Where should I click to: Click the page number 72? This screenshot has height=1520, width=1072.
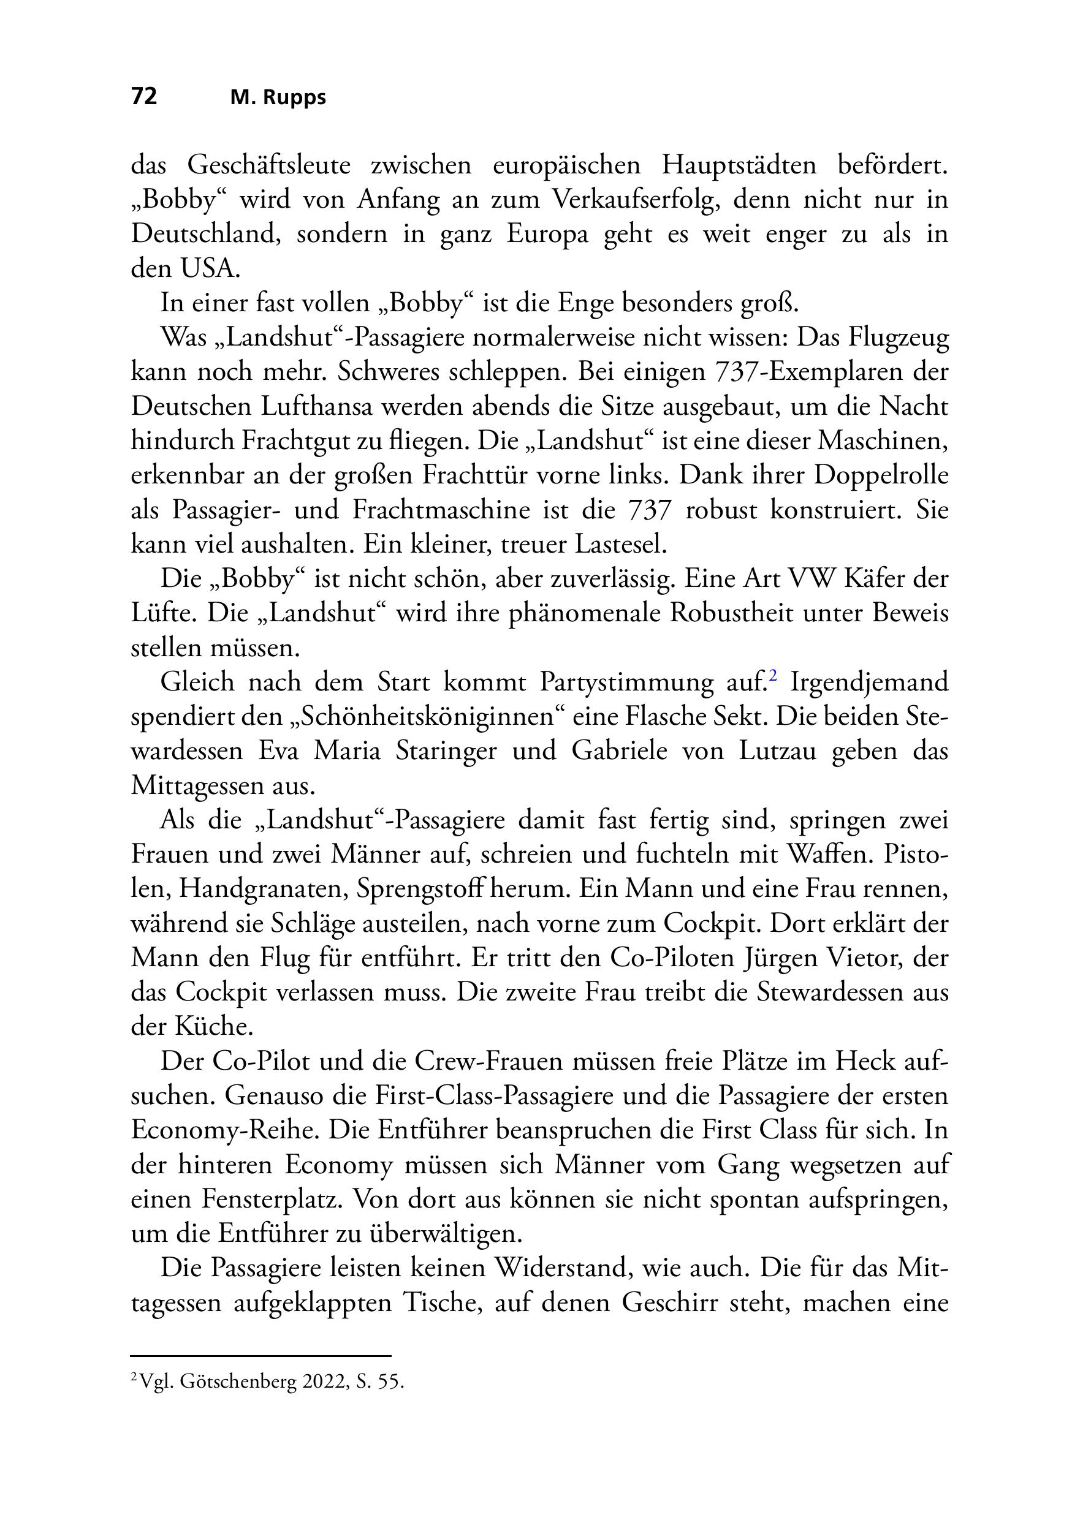click(145, 97)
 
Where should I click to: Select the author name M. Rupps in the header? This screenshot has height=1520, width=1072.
click(278, 98)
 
